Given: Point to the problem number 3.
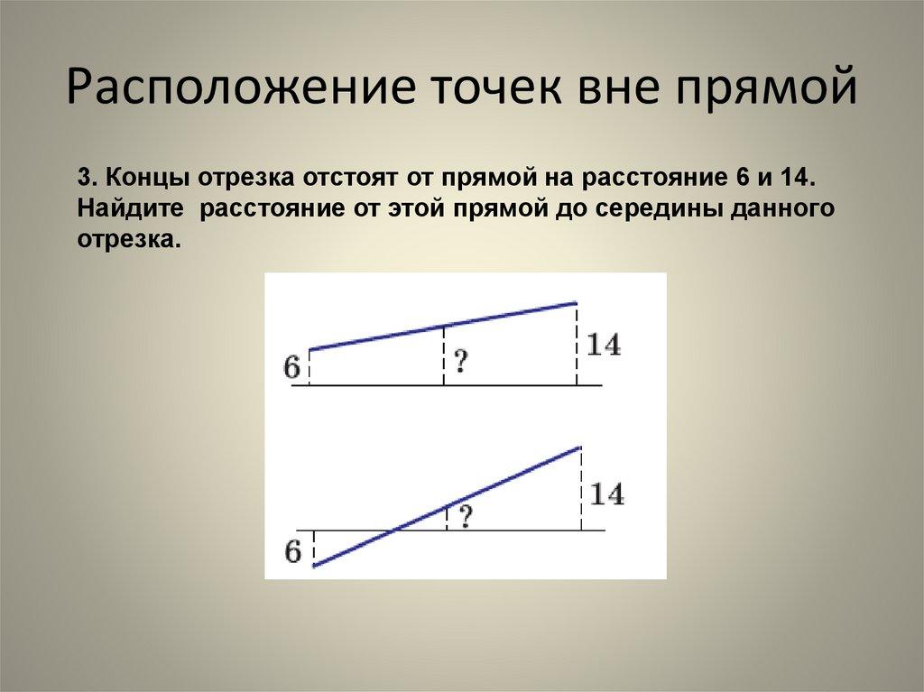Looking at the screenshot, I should click(x=84, y=177).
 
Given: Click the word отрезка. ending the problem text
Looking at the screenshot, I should click(x=124, y=240).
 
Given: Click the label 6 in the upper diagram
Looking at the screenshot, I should click(x=291, y=368).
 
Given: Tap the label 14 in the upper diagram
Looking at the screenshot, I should click(x=604, y=345).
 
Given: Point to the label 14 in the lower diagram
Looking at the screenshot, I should click(x=606, y=494).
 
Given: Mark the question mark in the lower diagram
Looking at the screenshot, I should click(x=466, y=517).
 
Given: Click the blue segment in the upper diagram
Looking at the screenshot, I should click(x=442, y=326).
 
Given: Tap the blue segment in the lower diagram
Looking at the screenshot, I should click(x=447, y=506).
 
